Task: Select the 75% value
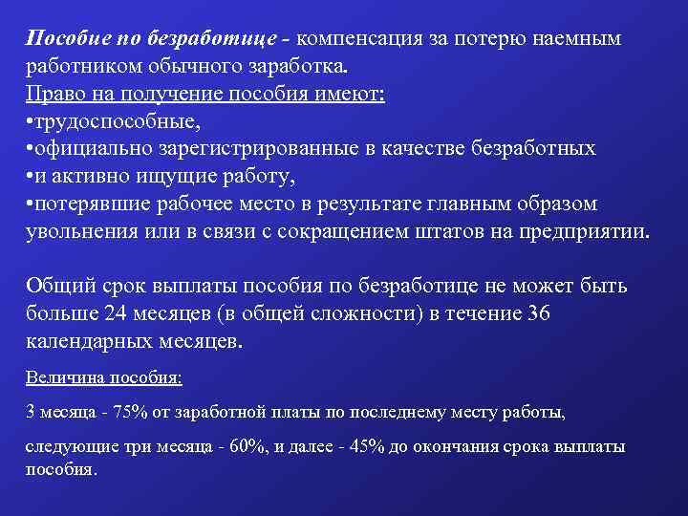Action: coord(127,413)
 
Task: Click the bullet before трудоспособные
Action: coord(31,123)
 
